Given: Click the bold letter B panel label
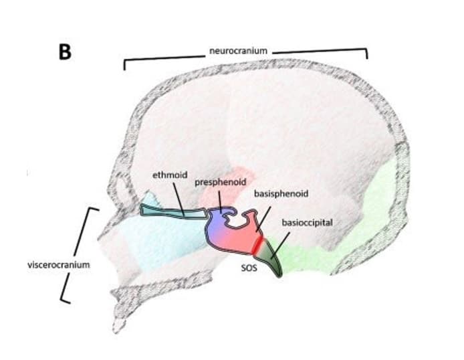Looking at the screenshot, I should pos(65,52).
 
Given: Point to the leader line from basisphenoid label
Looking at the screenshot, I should pos(262,218).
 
